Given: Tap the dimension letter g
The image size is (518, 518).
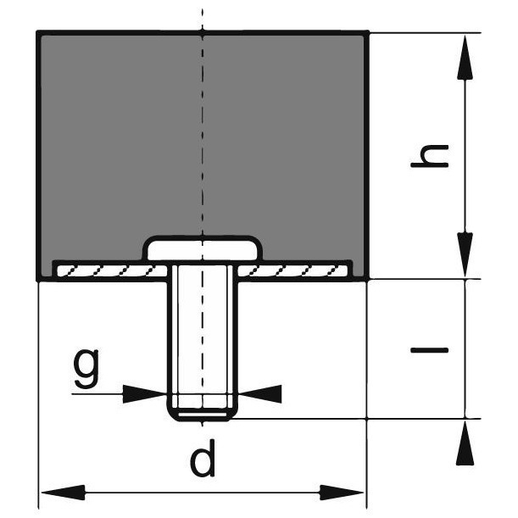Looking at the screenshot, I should click(x=86, y=365).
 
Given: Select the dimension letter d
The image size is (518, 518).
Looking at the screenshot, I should click(x=203, y=461).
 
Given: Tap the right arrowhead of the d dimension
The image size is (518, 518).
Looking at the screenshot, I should click(x=343, y=493).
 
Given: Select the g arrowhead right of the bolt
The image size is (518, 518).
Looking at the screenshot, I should click(x=259, y=393).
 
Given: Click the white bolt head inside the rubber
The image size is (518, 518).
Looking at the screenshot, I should click(x=203, y=248).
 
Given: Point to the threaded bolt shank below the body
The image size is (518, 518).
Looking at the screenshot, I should click(x=203, y=331).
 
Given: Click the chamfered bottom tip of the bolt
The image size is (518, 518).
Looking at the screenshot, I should click(x=203, y=415).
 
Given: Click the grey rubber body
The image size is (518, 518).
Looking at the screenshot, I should click(x=119, y=136).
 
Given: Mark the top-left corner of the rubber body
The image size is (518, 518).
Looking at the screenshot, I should click(x=39, y=33).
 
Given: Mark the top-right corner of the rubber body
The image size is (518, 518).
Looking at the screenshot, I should click(x=366, y=33).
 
